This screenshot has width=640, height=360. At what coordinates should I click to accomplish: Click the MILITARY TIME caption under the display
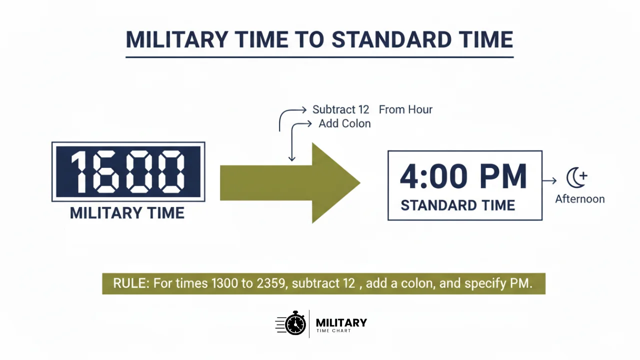point(127,213)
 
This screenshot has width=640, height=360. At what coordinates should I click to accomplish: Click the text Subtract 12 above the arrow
point(340,109)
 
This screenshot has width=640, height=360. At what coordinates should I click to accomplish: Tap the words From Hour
point(405,109)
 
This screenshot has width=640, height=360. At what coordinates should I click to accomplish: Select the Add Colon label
point(344,123)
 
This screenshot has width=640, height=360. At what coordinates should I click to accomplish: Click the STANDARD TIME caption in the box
point(457,205)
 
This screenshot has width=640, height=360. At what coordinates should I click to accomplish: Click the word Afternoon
point(580,199)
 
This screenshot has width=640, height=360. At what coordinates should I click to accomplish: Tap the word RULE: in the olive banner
point(131,283)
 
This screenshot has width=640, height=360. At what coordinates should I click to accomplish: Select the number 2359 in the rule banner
point(272,283)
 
